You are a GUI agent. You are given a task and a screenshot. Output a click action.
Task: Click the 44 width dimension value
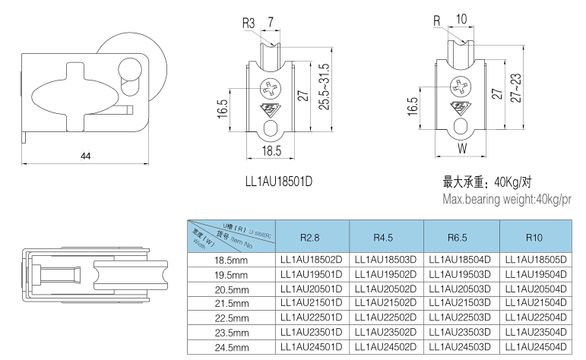tap(85, 156)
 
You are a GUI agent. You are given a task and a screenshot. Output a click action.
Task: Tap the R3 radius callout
tap(249, 23)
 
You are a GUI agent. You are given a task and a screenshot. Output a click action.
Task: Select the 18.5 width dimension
tap(272, 151)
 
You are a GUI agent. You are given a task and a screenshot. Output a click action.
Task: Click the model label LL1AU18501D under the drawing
tap(279, 182)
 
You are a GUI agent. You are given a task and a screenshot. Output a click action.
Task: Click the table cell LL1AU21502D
tap(385, 304)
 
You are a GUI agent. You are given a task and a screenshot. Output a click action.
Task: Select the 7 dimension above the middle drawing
tap(271, 23)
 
